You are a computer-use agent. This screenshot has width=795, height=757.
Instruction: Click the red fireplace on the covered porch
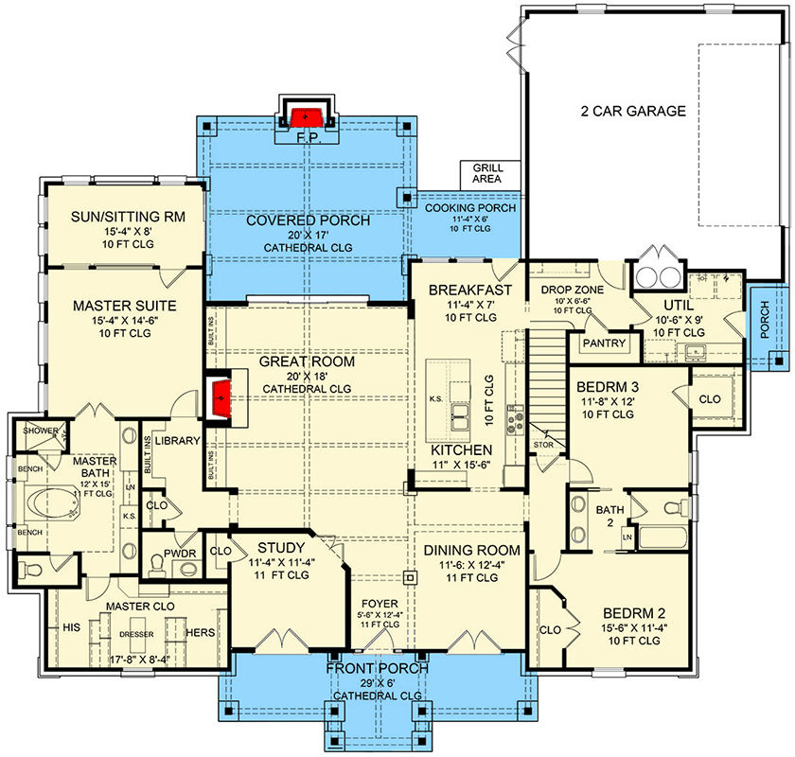click(304, 118)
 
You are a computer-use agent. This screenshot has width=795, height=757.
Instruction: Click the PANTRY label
click(603, 343)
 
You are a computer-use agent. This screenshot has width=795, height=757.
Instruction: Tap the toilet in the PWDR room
click(158, 565)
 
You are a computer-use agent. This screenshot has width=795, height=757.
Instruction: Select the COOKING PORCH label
click(469, 207)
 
